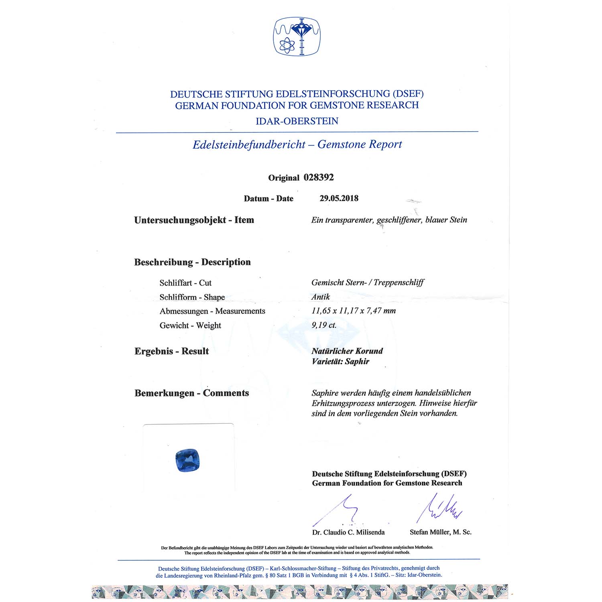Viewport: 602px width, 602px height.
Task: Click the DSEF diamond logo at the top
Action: pos(297,36)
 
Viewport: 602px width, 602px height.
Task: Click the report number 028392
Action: pos(319,177)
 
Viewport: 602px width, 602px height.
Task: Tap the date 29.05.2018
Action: pos(339,198)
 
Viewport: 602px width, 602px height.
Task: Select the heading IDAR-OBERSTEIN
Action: pos(297,121)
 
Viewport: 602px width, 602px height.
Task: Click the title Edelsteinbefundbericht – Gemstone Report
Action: pos(297,144)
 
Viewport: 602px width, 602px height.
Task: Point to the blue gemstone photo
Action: pos(188,461)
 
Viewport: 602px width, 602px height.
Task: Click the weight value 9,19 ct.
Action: pos(324,325)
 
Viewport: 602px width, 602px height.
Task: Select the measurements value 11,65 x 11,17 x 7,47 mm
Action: pos(354,311)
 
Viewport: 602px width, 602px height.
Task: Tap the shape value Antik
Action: pos(321,297)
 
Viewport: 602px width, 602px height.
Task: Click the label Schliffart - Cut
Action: pos(185,283)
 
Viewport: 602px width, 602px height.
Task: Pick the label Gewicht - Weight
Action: pos(190,325)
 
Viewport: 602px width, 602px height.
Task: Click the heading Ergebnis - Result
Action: pos(172,351)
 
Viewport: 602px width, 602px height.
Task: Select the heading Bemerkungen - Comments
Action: pos(192,393)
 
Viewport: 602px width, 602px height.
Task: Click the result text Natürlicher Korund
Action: pos(347,351)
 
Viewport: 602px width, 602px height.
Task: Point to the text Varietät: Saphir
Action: pos(340,361)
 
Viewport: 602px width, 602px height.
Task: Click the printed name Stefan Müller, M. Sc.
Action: pos(441,532)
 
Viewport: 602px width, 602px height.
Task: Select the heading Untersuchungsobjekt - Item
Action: pos(194,220)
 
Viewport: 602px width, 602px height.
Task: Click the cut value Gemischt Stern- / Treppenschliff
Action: pos(368,283)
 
